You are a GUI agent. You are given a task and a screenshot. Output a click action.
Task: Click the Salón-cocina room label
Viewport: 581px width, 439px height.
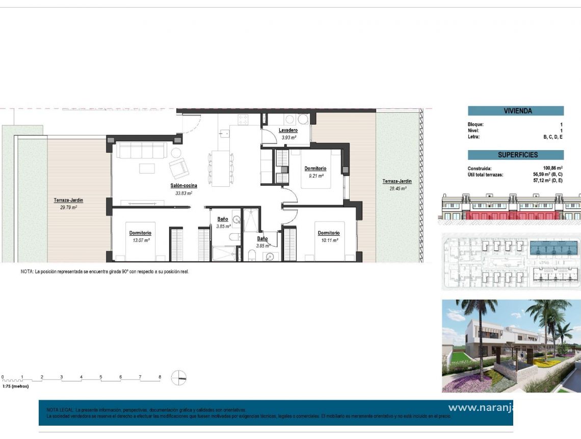pyautogui.click(x=183, y=186)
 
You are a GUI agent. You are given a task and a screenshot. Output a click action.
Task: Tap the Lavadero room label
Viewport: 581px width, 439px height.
pyautogui.click(x=288, y=130)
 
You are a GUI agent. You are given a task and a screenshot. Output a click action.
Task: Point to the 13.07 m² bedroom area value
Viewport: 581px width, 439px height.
pyautogui.click(x=140, y=240)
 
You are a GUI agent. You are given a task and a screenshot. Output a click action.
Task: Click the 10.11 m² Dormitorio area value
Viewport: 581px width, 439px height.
pyautogui.click(x=329, y=240)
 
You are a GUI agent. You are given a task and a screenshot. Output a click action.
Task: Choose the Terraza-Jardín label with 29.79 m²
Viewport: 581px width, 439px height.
pyautogui.click(x=68, y=200)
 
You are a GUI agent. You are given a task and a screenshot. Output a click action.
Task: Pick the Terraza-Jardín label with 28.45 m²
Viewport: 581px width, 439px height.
pyautogui.click(x=397, y=181)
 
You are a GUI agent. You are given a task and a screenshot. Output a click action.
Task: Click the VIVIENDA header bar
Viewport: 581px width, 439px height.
pyautogui.click(x=515, y=111)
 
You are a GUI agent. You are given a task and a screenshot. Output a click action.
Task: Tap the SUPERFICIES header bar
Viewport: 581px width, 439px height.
pyautogui.click(x=515, y=155)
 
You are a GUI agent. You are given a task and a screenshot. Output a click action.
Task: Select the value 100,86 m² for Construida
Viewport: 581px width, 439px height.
pyautogui.click(x=552, y=168)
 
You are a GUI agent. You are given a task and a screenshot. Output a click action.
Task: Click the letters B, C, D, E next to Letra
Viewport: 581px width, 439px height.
pyautogui.click(x=553, y=137)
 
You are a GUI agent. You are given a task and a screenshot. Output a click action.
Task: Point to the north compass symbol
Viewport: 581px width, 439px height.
pyautogui.click(x=179, y=378)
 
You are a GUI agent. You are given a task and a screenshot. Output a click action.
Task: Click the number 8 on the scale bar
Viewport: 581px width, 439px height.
pyautogui.click(x=160, y=377)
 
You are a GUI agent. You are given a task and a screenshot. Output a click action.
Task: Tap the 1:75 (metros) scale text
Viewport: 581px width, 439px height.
pyautogui.click(x=15, y=386)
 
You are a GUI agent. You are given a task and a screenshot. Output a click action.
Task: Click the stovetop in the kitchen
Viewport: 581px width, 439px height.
pyautogui.click(x=243, y=119)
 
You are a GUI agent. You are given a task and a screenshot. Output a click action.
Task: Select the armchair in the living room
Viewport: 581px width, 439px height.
pyautogui.click(x=179, y=167)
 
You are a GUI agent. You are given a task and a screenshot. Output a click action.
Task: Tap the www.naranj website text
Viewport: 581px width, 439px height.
pyautogui.click(x=481, y=407)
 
